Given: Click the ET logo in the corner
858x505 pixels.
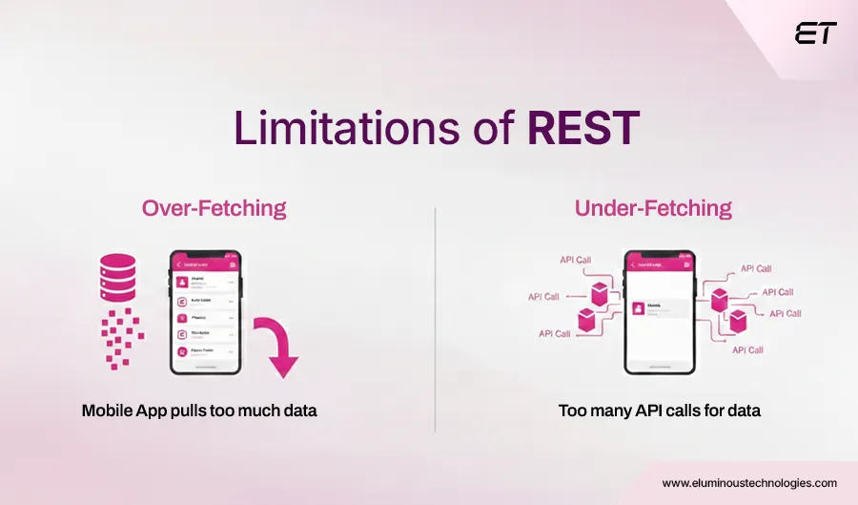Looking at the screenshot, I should coord(815,33).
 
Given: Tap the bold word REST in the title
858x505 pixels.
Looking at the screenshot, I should coord(583,129).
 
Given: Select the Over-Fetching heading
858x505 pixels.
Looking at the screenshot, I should coord(214,207).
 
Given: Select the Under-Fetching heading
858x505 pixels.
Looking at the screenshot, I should coord(652,207).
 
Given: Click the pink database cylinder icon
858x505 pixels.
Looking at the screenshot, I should coord(117,276).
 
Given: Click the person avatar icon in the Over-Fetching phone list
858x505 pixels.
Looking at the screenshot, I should coord(184,283).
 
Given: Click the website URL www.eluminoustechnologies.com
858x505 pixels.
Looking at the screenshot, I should coord(749,483).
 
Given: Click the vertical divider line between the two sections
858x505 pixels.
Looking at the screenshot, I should coord(436,315).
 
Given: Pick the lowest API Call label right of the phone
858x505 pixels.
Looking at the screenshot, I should coord(746,350).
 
